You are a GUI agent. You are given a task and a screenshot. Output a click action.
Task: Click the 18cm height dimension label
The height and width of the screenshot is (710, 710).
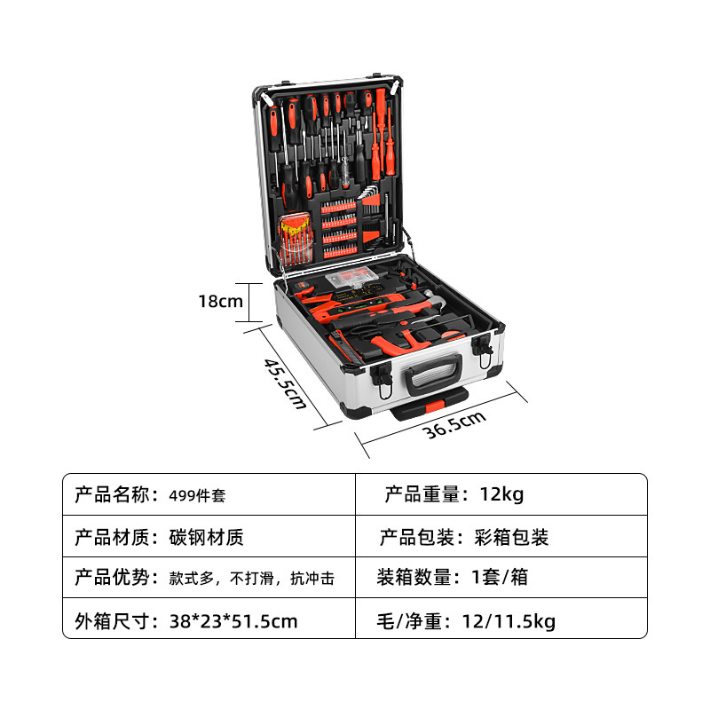(x=220, y=301)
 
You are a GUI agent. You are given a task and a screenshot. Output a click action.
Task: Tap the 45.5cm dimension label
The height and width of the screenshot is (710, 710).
(x=285, y=383)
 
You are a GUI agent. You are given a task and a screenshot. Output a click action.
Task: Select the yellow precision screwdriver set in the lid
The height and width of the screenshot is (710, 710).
(x=294, y=240)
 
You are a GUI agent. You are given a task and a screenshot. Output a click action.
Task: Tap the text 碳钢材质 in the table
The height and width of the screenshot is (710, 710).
(x=206, y=537)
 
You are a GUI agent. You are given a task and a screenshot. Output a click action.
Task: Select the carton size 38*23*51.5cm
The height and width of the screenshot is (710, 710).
(x=233, y=620)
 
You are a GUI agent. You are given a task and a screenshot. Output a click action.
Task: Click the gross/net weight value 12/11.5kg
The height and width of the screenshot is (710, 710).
(x=509, y=620)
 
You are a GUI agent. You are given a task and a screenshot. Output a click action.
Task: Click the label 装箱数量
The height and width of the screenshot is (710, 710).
(x=419, y=577)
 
